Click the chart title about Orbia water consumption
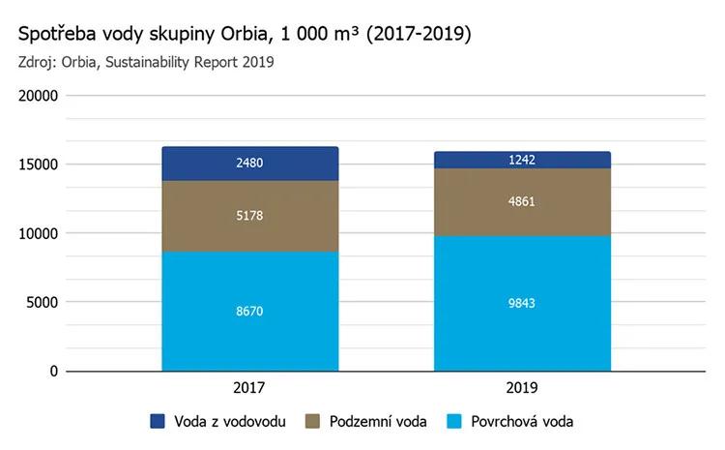(245, 35)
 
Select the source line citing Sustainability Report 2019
(146, 63)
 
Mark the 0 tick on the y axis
(54, 371)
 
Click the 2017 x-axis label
(249, 387)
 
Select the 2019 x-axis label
(522, 387)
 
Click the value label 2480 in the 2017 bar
(249, 164)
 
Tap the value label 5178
(249, 215)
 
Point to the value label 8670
(249, 312)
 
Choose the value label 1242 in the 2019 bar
(522, 161)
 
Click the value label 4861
(522, 202)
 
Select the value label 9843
(522, 303)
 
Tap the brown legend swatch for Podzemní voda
(313, 421)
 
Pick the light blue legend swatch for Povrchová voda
(453, 421)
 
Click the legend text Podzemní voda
(376, 421)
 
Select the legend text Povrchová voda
(522, 421)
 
